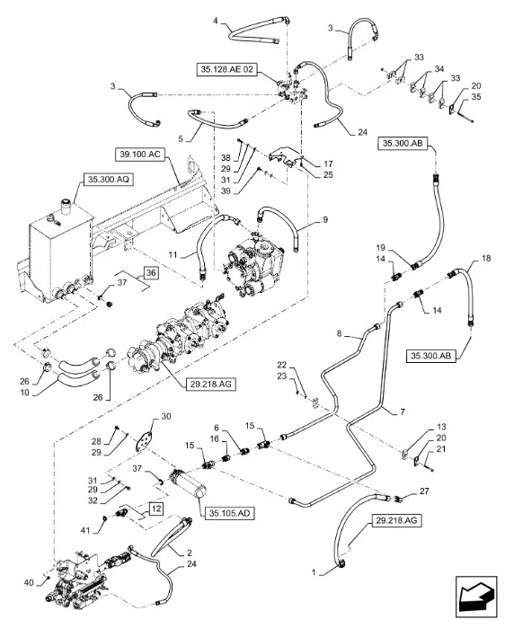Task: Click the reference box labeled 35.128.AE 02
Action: [x=226, y=69]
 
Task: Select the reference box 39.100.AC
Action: [x=139, y=155]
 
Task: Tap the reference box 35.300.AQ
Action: [x=108, y=180]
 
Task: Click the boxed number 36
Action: [x=151, y=273]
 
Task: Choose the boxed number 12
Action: [x=156, y=509]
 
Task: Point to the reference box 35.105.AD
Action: [x=229, y=513]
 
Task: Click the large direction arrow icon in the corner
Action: [x=476, y=598]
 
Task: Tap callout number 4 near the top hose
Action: [x=216, y=21]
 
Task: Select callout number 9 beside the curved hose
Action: [x=325, y=219]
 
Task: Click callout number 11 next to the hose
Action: [x=173, y=255]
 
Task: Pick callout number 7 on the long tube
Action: [x=403, y=411]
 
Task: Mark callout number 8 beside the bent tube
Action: [x=339, y=333]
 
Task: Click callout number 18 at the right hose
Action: [x=486, y=259]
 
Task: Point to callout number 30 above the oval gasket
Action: [x=166, y=417]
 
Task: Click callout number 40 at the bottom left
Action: [x=29, y=583]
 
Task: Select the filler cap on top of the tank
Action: [x=66, y=207]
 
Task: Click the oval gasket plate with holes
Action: [x=144, y=441]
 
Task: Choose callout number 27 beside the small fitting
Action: [x=424, y=491]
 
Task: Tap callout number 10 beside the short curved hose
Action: [x=25, y=393]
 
